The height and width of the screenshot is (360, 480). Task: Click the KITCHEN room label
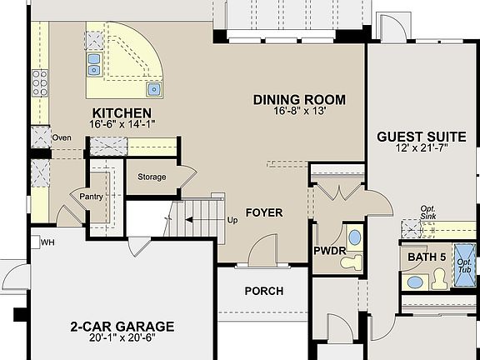point(122,113)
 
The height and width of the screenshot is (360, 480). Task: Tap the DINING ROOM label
point(299,100)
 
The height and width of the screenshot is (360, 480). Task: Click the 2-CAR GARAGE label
point(122,326)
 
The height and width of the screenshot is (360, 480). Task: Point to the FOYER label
point(263,212)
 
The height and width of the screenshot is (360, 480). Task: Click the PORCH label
point(263,291)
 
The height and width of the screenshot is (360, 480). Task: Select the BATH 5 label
point(423,257)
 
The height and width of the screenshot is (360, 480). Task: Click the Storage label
point(152,177)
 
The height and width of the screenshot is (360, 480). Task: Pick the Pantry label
point(91,196)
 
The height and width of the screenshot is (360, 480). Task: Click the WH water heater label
point(47,242)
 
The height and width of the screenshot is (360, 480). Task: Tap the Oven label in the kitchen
point(62,138)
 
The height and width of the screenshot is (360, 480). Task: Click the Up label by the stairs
point(232,221)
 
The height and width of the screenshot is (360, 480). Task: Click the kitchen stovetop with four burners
point(39,82)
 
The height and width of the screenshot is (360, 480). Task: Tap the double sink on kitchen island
point(93,59)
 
